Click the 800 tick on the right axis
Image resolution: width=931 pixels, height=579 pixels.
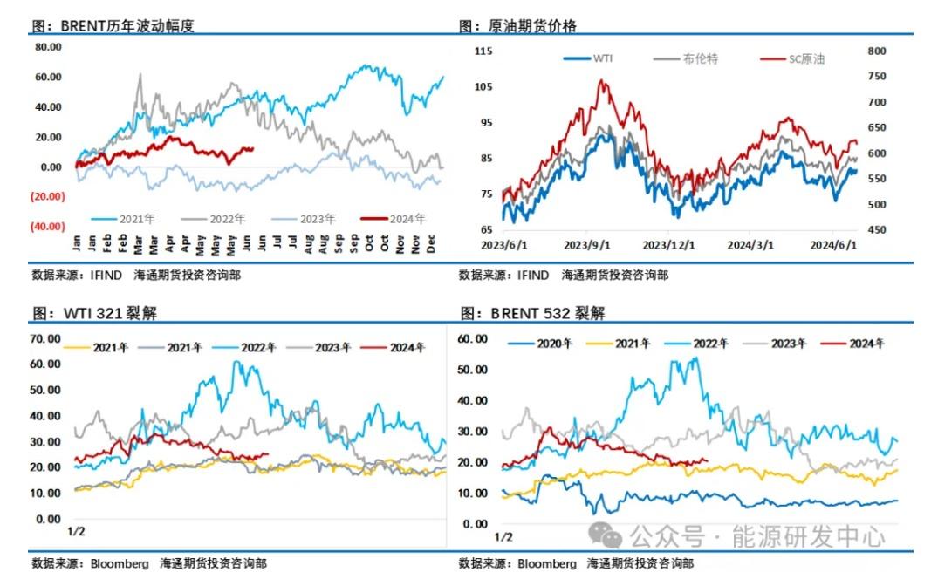[x=876, y=51]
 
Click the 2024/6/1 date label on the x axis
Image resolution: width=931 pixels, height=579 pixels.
[x=834, y=245]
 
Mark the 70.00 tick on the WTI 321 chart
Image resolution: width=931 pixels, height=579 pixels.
[x=45, y=338]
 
